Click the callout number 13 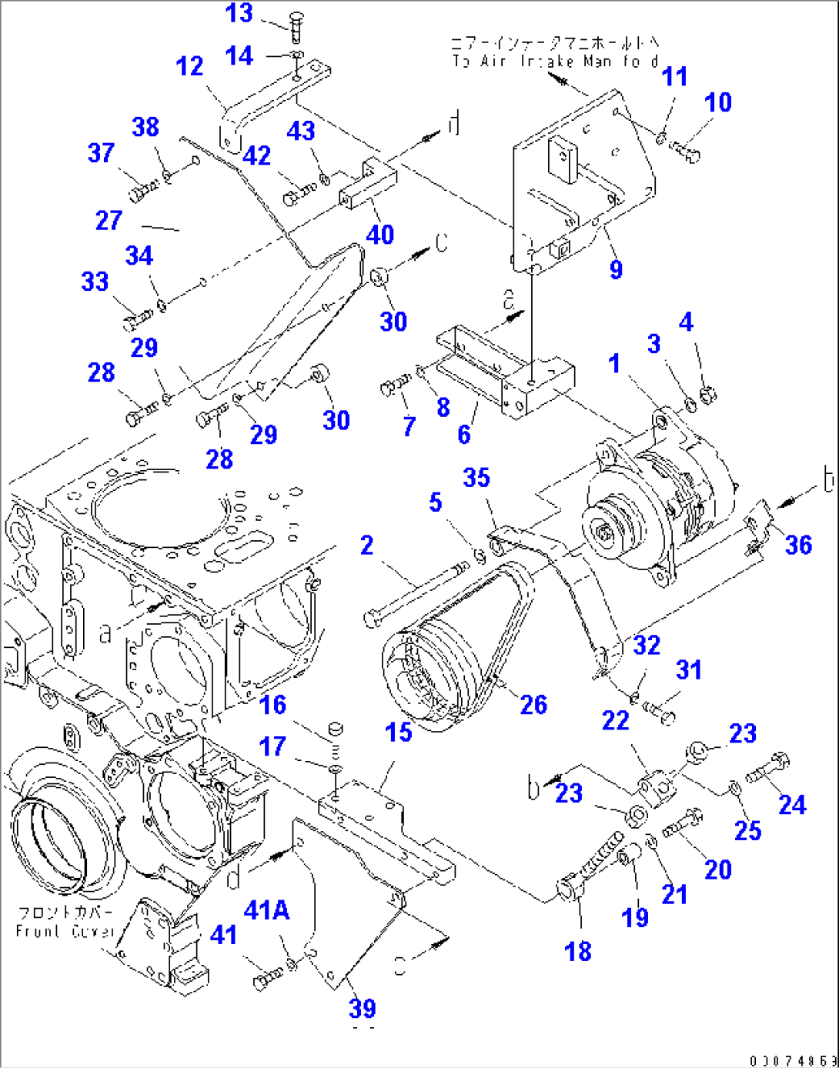click(239, 13)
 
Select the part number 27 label click(109, 221)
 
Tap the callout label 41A click(266, 910)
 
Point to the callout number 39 click(362, 1008)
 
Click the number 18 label click(577, 952)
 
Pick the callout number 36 click(798, 545)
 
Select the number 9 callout click(615, 269)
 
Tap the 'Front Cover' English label click(65, 931)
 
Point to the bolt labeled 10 click(685, 151)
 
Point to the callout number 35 click(476, 478)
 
